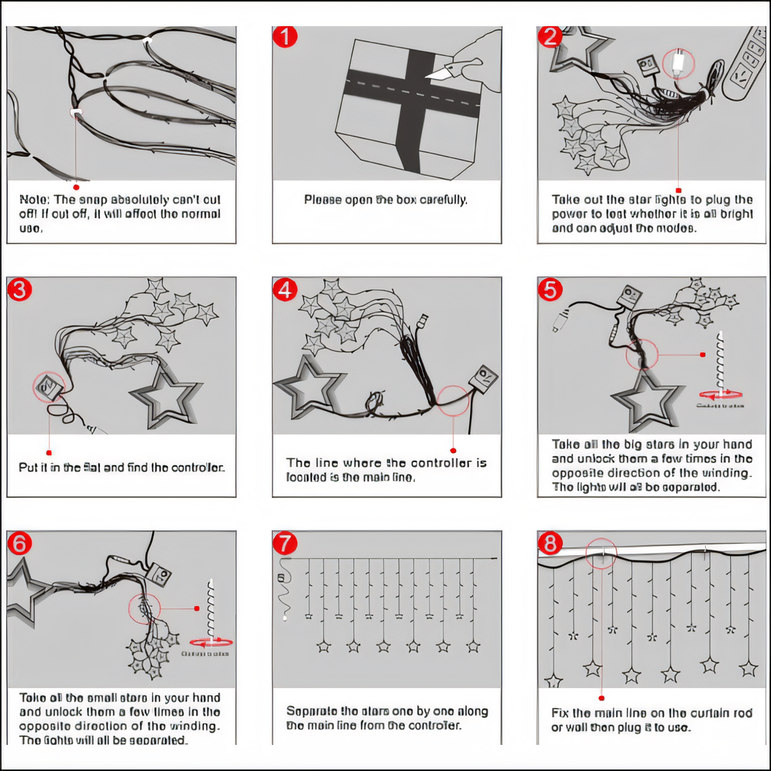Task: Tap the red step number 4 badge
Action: tap(286, 290)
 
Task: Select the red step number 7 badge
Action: tap(286, 543)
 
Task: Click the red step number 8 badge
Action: tap(550, 544)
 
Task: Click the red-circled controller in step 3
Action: tap(48, 386)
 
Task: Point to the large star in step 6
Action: tap(22, 587)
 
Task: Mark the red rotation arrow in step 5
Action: tap(720, 393)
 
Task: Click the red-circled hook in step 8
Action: tap(604, 553)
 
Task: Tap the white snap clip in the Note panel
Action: tap(77, 114)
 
